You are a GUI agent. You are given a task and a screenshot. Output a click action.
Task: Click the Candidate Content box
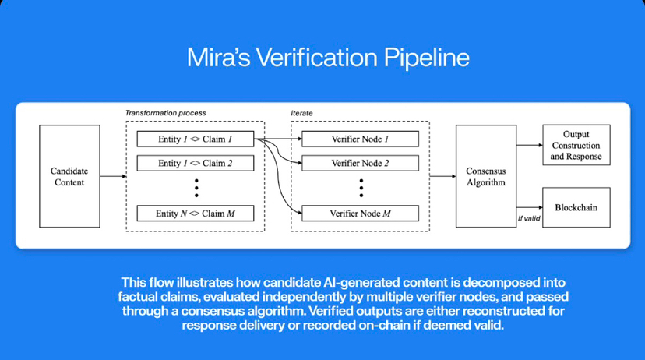[x=69, y=175]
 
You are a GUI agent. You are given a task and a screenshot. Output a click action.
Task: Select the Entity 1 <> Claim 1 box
[x=196, y=139]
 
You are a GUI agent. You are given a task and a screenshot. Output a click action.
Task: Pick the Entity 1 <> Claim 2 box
[x=196, y=164]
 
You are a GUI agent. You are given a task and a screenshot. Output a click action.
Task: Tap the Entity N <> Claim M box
[x=196, y=213]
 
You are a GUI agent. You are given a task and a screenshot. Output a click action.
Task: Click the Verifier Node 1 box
[x=360, y=139]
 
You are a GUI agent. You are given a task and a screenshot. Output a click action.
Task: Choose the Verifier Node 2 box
[x=360, y=164]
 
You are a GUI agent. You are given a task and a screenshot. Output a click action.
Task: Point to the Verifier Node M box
[x=360, y=213]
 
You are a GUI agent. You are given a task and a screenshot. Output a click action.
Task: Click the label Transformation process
[x=166, y=113]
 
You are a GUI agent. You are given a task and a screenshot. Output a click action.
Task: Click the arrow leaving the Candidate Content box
[x=113, y=176]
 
